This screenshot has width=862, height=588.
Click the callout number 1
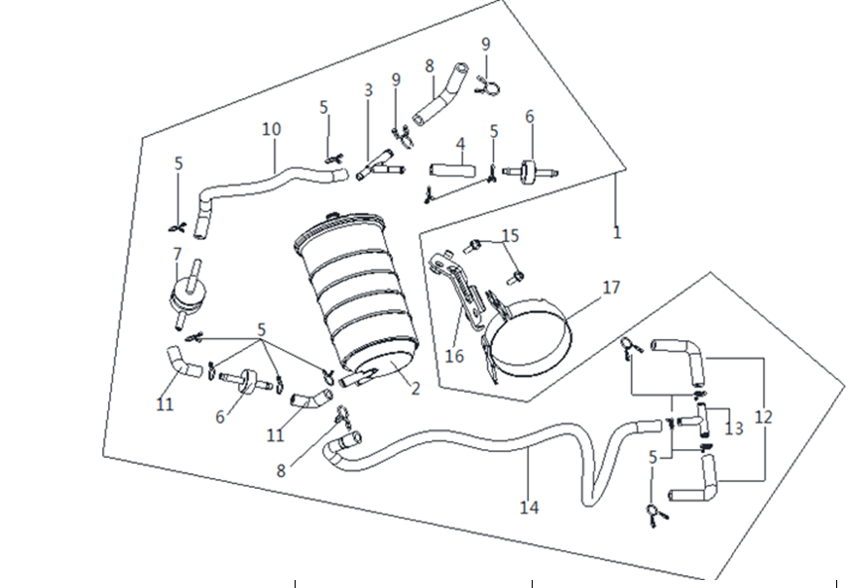click(617, 233)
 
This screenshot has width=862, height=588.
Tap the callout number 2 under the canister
click(416, 389)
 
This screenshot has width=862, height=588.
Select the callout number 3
click(368, 89)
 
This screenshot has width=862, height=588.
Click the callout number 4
click(460, 144)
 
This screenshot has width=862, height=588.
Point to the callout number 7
click(177, 254)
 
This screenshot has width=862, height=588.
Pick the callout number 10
click(272, 129)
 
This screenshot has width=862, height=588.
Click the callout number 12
click(763, 417)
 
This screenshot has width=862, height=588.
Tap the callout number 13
click(734, 428)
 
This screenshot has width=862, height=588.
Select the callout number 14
click(530, 507)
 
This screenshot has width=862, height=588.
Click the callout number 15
click(510, 235)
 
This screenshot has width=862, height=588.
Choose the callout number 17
click(611, 288)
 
